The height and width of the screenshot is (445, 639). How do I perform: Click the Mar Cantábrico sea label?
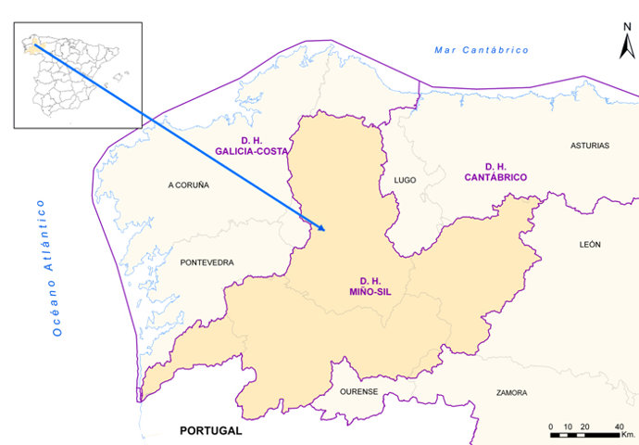pyautogui.click(x=482, y=49)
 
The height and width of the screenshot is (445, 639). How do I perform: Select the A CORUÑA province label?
pyautogui.click(x=188, y=184)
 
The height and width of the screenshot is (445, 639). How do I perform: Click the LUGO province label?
pyautogui.click(x=405, y=180)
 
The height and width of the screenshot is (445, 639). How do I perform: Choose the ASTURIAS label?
pyautogui.click(x=589, y=146)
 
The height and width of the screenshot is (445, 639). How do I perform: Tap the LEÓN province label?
pyautogui.click(x=590, y=244)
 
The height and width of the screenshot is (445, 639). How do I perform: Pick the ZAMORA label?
pyautogui.click(x=511, y=392)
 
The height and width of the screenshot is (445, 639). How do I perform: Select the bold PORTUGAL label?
pyautogui.click(x=210, y=431)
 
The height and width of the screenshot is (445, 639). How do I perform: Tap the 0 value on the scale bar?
pyautogui.click(x=551, y=426)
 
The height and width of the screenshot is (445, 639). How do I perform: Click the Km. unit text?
pyautogui.click(x=629, y=434)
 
